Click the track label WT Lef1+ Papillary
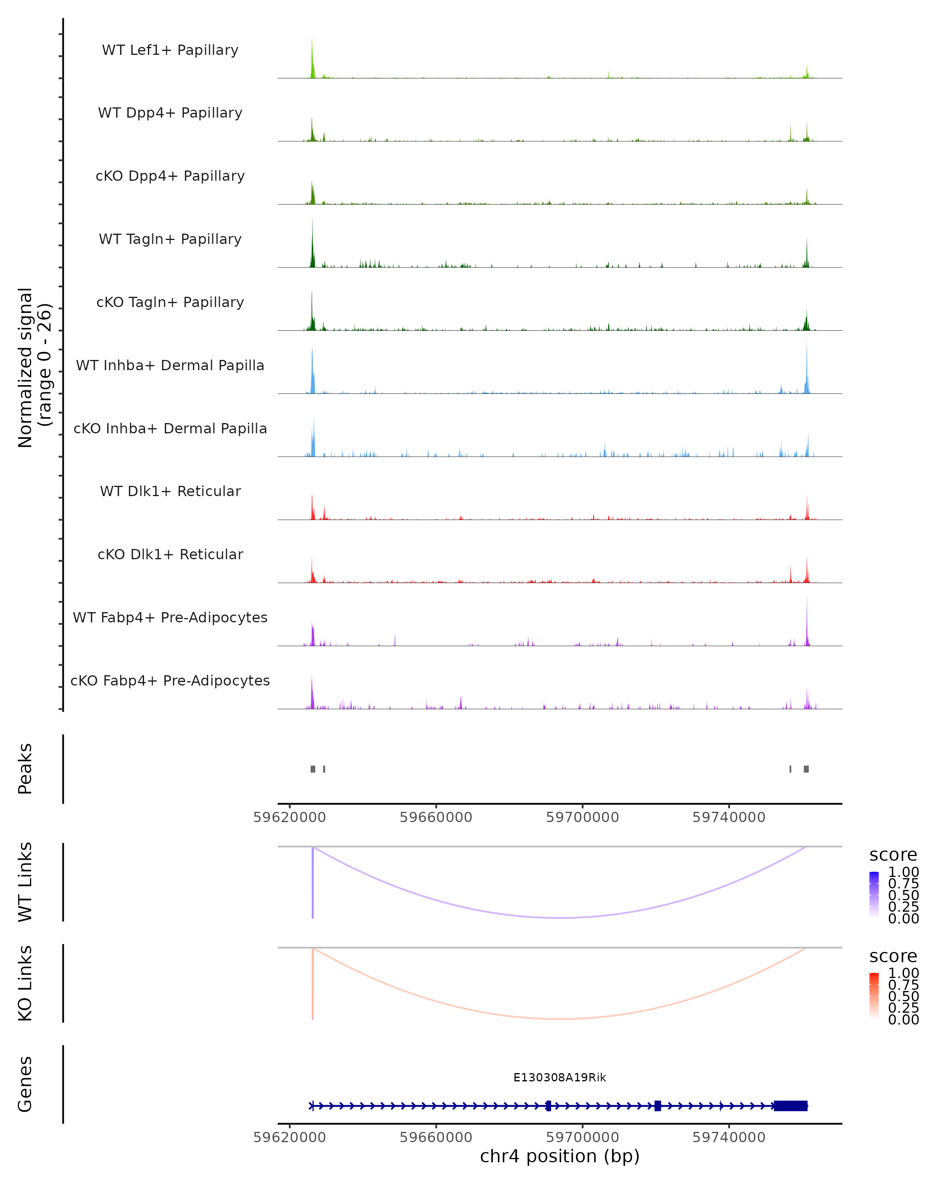pyautogui.click(x=170, y=50)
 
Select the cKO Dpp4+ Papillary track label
pyautogui.click(x=170, y=176)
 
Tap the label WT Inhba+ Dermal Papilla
pyautogui.click(x=170, y=366)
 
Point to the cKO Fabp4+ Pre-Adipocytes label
pyautogui.click(x=170, y=681)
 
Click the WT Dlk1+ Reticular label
pyautogui.click(x=170, y=491)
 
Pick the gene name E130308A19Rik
pyautogui.click(x=560, y=1077)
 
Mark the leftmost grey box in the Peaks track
pyautogui.click(x=313, y=769)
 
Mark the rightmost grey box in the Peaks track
pyautogui.click(x=806, y=769)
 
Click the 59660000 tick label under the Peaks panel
pyautogui.click(x=436, y=818)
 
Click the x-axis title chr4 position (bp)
pyautogui.click(x=560, y=1156)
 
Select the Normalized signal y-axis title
pyautogui.click(x=34, y=367)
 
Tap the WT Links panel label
pyautogui.click(x=25, y=882)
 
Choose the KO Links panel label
pyautogui.click(x=25, y=983)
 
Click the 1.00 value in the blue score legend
pyautogui.click(x=903, y=872)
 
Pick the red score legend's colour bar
pyautogui.click(x=874, y=996)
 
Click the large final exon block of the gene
pyautogui.click(x=790, y=1106)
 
